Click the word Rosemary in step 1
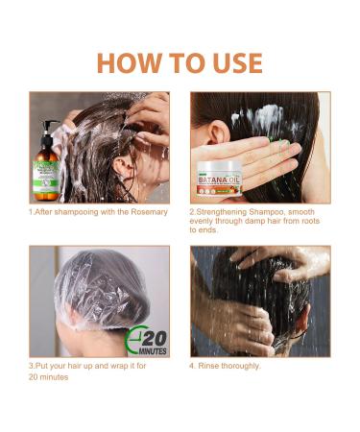pyautogui.click(x=148, y=210)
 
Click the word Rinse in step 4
pyautogui.click(x=210, y=366)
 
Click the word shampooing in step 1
pyautogui.click(x=79, y=210)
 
